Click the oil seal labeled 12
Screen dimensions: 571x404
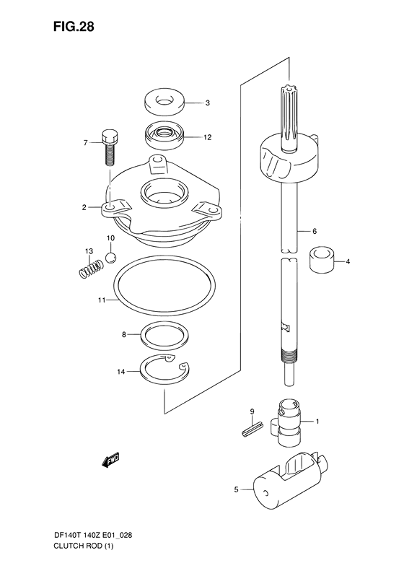pos(164,135)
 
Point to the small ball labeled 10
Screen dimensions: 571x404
pos(110,257)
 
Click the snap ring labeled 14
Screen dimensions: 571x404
pos(164,370)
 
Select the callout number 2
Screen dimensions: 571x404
pos(84,207)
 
